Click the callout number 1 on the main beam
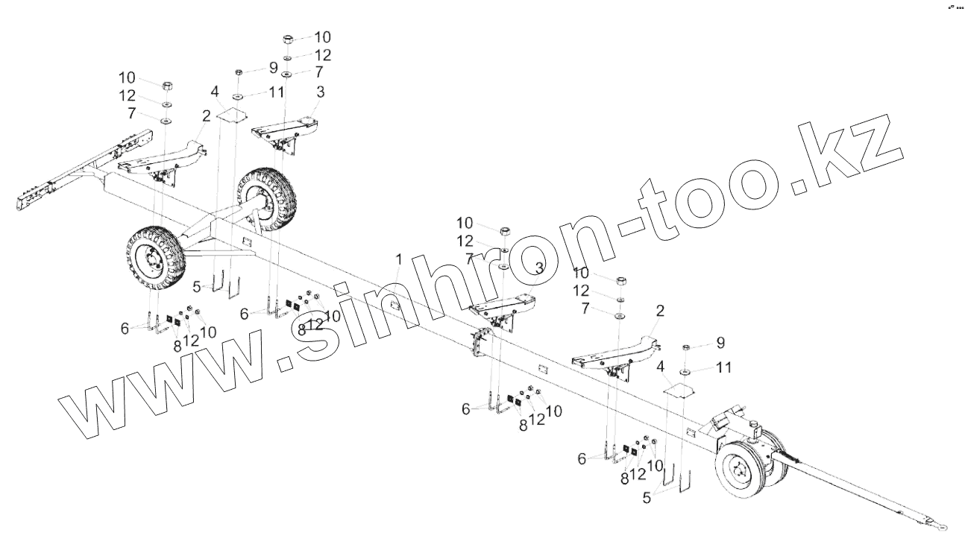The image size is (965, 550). (399, 259)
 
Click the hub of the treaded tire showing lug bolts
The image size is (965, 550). (153, 262)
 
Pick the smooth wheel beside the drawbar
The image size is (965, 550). (744, 468)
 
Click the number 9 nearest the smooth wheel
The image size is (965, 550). (720, 343)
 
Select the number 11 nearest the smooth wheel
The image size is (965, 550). (723, 367)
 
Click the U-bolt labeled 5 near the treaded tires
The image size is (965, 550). (224, 284)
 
